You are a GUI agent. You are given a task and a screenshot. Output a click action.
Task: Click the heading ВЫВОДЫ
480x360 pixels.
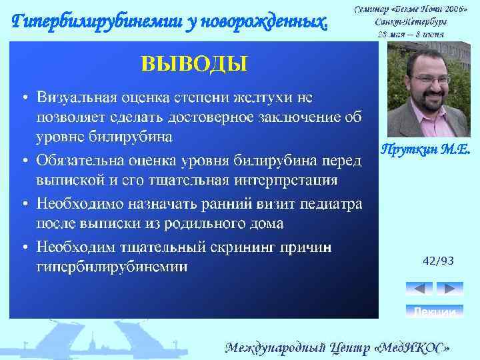click(193, 64)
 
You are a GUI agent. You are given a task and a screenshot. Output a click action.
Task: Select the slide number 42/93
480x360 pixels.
click(438, 261)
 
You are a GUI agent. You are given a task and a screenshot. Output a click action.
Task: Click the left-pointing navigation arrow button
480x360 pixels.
click(419, 289)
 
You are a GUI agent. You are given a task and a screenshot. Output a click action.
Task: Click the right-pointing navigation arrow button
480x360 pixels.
click(450, 289)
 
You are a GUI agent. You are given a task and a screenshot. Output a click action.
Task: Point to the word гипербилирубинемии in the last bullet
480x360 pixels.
click(111, 267)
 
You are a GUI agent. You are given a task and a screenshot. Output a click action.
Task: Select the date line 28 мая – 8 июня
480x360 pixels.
click(411, 34)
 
